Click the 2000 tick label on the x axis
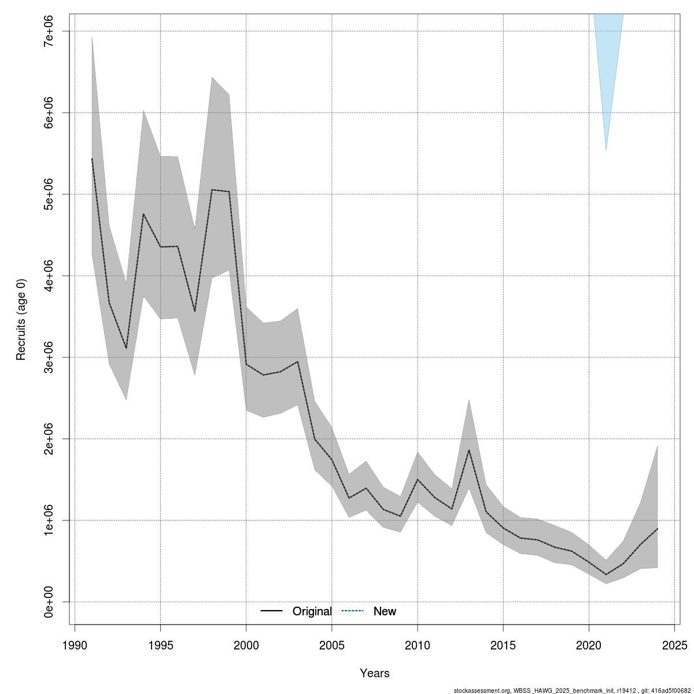246,645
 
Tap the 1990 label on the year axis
75,645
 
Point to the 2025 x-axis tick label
674,645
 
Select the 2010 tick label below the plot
418,645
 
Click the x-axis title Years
375,673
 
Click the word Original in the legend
312,611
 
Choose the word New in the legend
385,611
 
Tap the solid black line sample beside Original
271,611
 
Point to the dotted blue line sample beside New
352,611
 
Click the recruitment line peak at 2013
469,450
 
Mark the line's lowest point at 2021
606,574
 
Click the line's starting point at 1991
92,158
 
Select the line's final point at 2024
657,529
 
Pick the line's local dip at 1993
126,348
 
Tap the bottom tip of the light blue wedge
606,150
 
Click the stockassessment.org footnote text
572,690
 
